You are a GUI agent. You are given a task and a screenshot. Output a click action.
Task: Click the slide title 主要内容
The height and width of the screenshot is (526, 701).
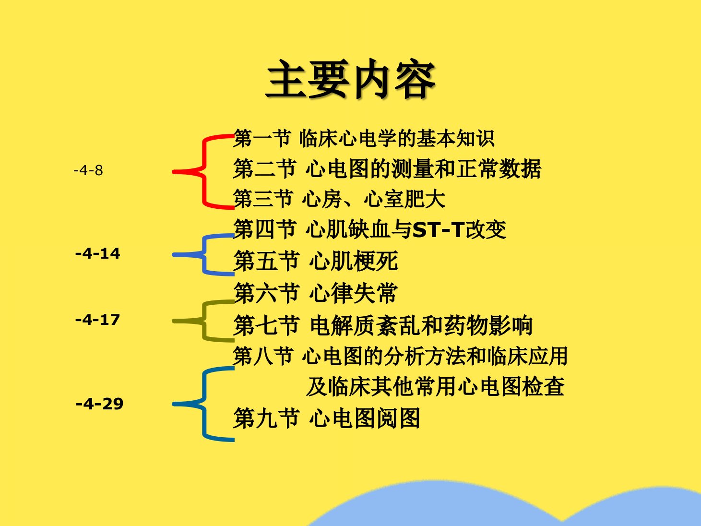click(350, 79)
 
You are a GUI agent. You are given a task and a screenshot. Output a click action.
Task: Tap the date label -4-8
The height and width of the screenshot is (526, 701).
click(88, 170)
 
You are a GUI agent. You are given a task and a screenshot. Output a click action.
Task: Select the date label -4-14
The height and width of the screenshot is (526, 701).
click(97, 253)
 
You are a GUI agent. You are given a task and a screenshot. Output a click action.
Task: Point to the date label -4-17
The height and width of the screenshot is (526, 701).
click(97, 320)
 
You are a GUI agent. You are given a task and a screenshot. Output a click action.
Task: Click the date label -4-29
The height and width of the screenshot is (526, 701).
click(99, 404)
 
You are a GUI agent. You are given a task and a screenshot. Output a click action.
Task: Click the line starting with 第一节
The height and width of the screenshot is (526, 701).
click(364, 138)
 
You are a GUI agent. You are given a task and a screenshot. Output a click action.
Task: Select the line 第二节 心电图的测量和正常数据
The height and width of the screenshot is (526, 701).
click(387, 168)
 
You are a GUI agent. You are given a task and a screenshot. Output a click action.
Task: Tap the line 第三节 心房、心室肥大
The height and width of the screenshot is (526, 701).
click(339, 199)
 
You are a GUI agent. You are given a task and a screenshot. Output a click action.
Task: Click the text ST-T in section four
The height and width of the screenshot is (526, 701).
click(439, 229)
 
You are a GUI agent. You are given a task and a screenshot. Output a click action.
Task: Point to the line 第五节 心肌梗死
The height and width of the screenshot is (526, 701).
click(316, 261)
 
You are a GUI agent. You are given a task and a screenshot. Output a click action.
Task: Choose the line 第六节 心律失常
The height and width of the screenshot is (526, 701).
click(316, 293)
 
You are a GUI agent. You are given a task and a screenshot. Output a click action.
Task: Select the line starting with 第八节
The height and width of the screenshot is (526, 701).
click(400, 356)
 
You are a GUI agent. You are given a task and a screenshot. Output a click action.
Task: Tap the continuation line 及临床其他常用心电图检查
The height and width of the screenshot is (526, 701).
click(435, 386)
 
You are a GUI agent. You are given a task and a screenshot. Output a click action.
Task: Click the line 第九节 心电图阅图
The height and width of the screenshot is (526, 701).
click(326, 418)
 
